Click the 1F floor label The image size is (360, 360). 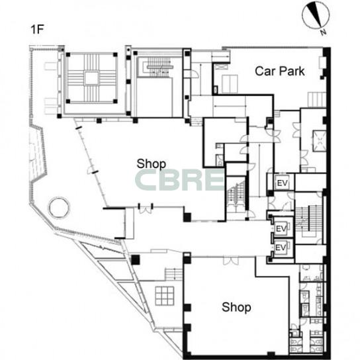37,29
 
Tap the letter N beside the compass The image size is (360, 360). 323,32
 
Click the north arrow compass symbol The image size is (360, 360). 316,15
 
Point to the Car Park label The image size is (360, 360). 280,71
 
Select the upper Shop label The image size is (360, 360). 152,164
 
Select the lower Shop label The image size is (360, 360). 236,307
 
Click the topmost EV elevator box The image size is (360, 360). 283,183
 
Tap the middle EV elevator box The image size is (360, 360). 281,229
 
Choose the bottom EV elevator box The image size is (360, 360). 281,247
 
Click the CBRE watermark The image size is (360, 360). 180,180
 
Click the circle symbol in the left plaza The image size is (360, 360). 59,207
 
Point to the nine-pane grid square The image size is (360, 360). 165,296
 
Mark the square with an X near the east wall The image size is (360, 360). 320,141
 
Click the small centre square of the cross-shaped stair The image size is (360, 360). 91,78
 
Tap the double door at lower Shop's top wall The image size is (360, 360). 231,261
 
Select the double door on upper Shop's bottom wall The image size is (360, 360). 146,209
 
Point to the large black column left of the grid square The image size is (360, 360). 136,260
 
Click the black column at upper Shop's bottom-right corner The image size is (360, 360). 187,217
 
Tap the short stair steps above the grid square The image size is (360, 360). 173,274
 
